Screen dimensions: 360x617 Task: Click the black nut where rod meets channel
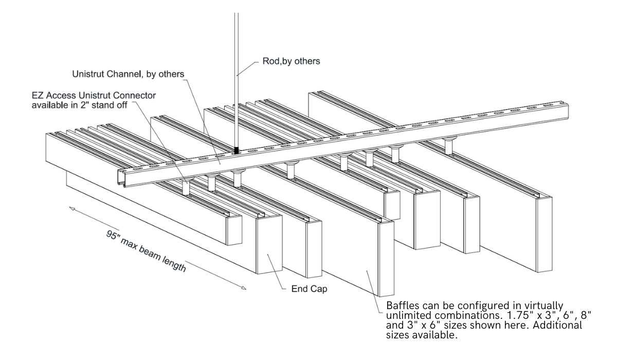pyautogui.click(x=237, y=150)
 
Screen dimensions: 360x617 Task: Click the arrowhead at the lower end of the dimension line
pyautogui.click(x=243, y=288)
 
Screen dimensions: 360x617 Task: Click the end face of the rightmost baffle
pyautogui.click(x=543, y=233)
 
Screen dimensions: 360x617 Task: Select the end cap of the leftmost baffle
pyautogui.click(x=234, y=230)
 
